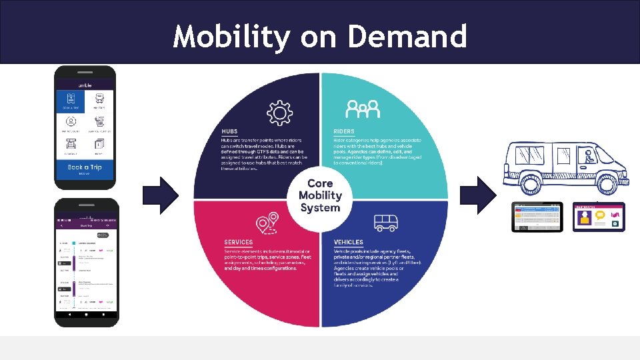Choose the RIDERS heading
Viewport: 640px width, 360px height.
(x=344, y=131)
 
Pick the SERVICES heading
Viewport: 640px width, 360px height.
(x=239, y=242)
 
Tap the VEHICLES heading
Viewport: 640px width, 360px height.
(x=349, y=242)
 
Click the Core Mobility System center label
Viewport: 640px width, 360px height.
(x=320, y=195)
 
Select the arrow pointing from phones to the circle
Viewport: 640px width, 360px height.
(x=161, y=195)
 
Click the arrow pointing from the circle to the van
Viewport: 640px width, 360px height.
(x=478, y=195)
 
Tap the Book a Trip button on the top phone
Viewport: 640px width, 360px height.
(x=85, y=169)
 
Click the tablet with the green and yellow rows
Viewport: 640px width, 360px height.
(x=537, y=216)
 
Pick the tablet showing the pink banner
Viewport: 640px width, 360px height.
(x=598, y=216)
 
